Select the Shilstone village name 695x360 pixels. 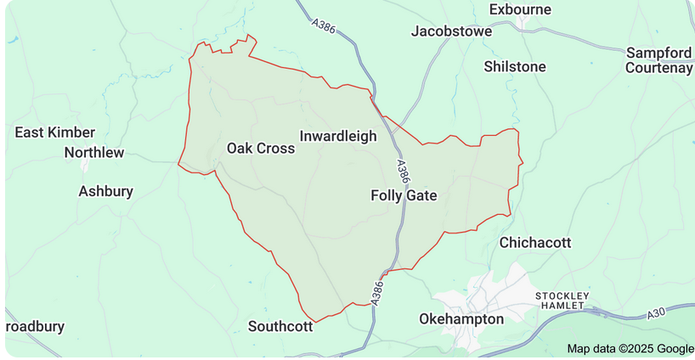pyautogui.click(x=515, y=66)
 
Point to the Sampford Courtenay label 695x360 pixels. pyautogui.click(x=658, y=60)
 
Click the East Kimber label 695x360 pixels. pyautogui.click(x=55, y=132)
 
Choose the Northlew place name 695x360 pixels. pyautogui.click(x=94, y=153)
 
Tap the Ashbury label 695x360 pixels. pyautogui.click(x=106, y=191)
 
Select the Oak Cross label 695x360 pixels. pyautogui.click(x=261, y=149)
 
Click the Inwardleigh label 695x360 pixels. pyautogui.click(x=338, y=136)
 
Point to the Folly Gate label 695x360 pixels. pyautogui.click(x=404, y=195)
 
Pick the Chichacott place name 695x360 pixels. pyautogui.click(x=535, y=243)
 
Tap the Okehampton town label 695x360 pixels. pyautogui.click(x=461, y=319)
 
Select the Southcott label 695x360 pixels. pyautogui.click(x=281, y=326)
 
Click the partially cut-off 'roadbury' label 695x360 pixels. pyautogui.click(x=34, y=326)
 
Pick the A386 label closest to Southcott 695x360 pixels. pyautogui.click(x=377, y=290)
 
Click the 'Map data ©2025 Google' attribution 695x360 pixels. pyautogui.click(x=630, y=348)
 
